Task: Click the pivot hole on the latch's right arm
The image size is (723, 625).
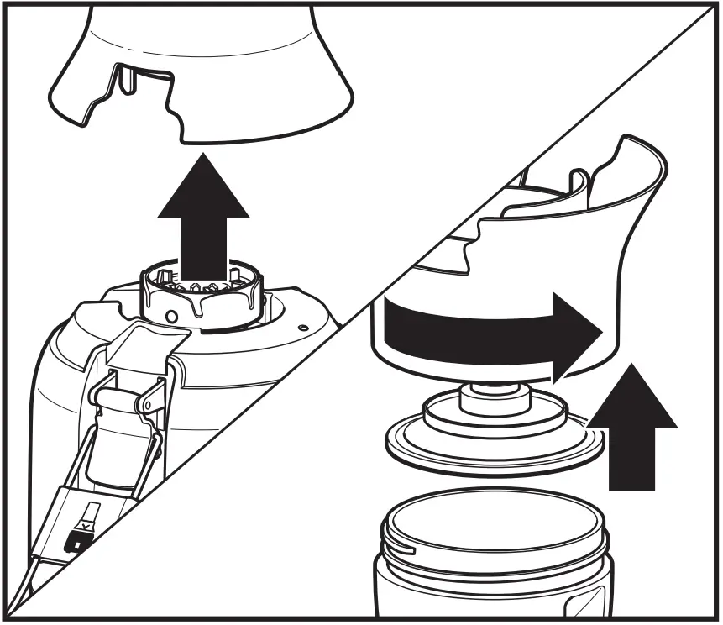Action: coord(149,406)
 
